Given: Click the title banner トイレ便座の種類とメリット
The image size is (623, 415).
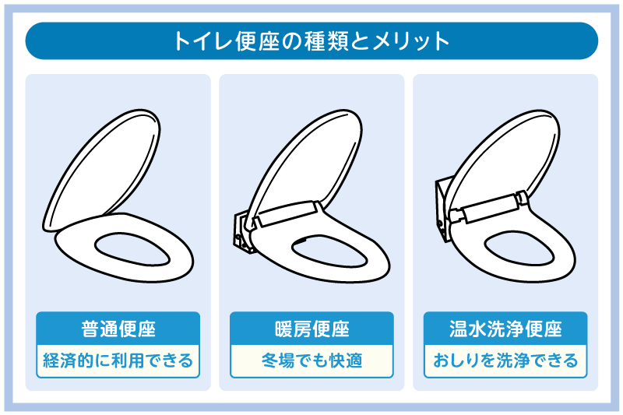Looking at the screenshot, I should (x=311, y=40).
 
